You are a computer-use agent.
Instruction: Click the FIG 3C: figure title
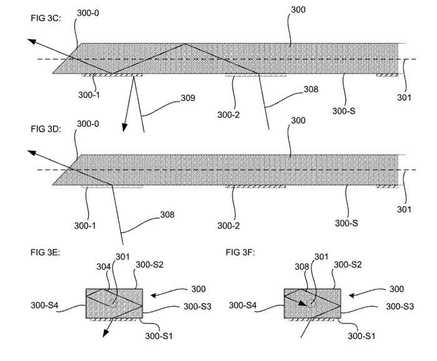tap(46, 18)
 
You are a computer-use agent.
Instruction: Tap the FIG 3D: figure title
tap(46, 129)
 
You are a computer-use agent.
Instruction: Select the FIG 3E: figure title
tap(45, 252)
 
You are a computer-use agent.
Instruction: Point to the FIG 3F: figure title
tap(240, 252)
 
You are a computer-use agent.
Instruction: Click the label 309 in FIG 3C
tap(188, 98)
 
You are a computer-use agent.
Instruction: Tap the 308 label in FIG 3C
tap(311, 89)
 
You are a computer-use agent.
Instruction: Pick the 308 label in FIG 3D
tap(167, 214)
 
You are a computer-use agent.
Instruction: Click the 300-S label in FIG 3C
tap(344, 111)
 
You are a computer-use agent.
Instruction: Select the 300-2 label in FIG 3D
tap(228, 226)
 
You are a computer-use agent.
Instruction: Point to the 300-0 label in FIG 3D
tap(88, 123)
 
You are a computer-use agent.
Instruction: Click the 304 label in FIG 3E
tap(104, 267)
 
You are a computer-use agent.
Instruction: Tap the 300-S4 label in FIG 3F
tap(242, 306)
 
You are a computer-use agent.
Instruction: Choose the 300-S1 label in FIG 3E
tap(159, 336)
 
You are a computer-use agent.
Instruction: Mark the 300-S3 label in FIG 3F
tap(400, 307)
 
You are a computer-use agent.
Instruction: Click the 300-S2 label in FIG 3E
tap(149, 265)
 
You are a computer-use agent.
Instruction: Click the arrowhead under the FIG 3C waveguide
tap(125, 127)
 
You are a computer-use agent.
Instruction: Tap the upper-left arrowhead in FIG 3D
tap(32, 153)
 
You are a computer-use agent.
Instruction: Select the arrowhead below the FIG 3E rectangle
tap(106, 333)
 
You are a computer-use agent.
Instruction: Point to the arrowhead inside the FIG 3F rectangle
tap(303, 303)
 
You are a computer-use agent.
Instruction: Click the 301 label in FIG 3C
tap(404, 97)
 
